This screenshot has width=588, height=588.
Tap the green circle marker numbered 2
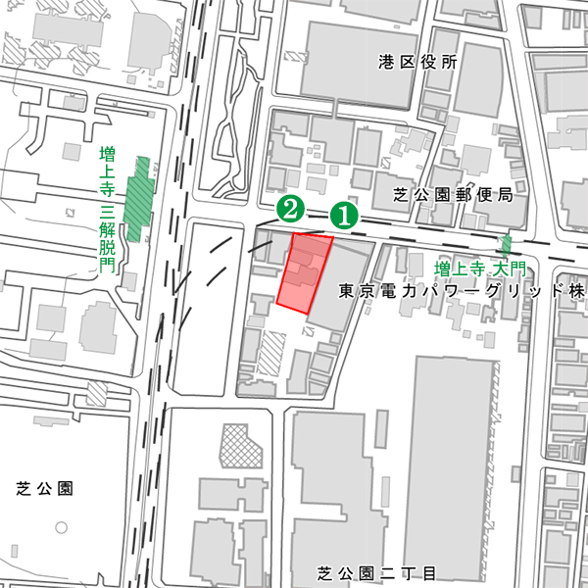[x=288, y=207]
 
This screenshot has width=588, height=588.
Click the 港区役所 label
[x=417, y=62]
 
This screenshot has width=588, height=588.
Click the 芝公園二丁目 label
[x=376, y=572]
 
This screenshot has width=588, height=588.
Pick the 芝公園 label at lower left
[x=46, y=487]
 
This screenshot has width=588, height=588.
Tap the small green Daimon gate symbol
[x=507, y=245]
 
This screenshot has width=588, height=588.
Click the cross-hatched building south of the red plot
[x=242, y=449]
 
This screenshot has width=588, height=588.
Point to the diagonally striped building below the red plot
[x=271, y=351]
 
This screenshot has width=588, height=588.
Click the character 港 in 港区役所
[x=386, y=62]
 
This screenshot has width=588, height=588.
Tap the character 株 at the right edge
[x=576, y=291]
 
